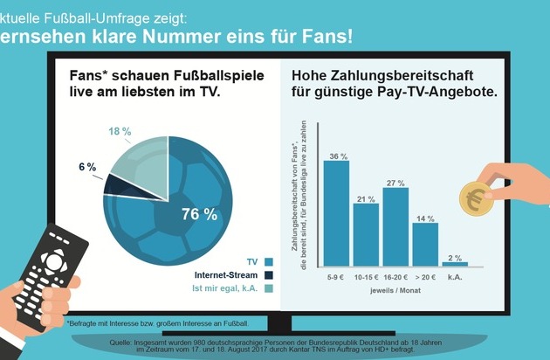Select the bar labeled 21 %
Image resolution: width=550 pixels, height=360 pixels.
tap(366, 232)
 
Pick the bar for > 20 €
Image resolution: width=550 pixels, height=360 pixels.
tap(425, 244)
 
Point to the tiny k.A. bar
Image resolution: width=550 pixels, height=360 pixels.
tap(455, 262)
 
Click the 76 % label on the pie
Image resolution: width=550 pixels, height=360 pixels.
tap(198, 215)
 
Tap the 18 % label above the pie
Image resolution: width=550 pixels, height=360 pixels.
tap(120, 131)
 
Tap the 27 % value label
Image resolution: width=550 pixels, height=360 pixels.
tap(395, 183)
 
